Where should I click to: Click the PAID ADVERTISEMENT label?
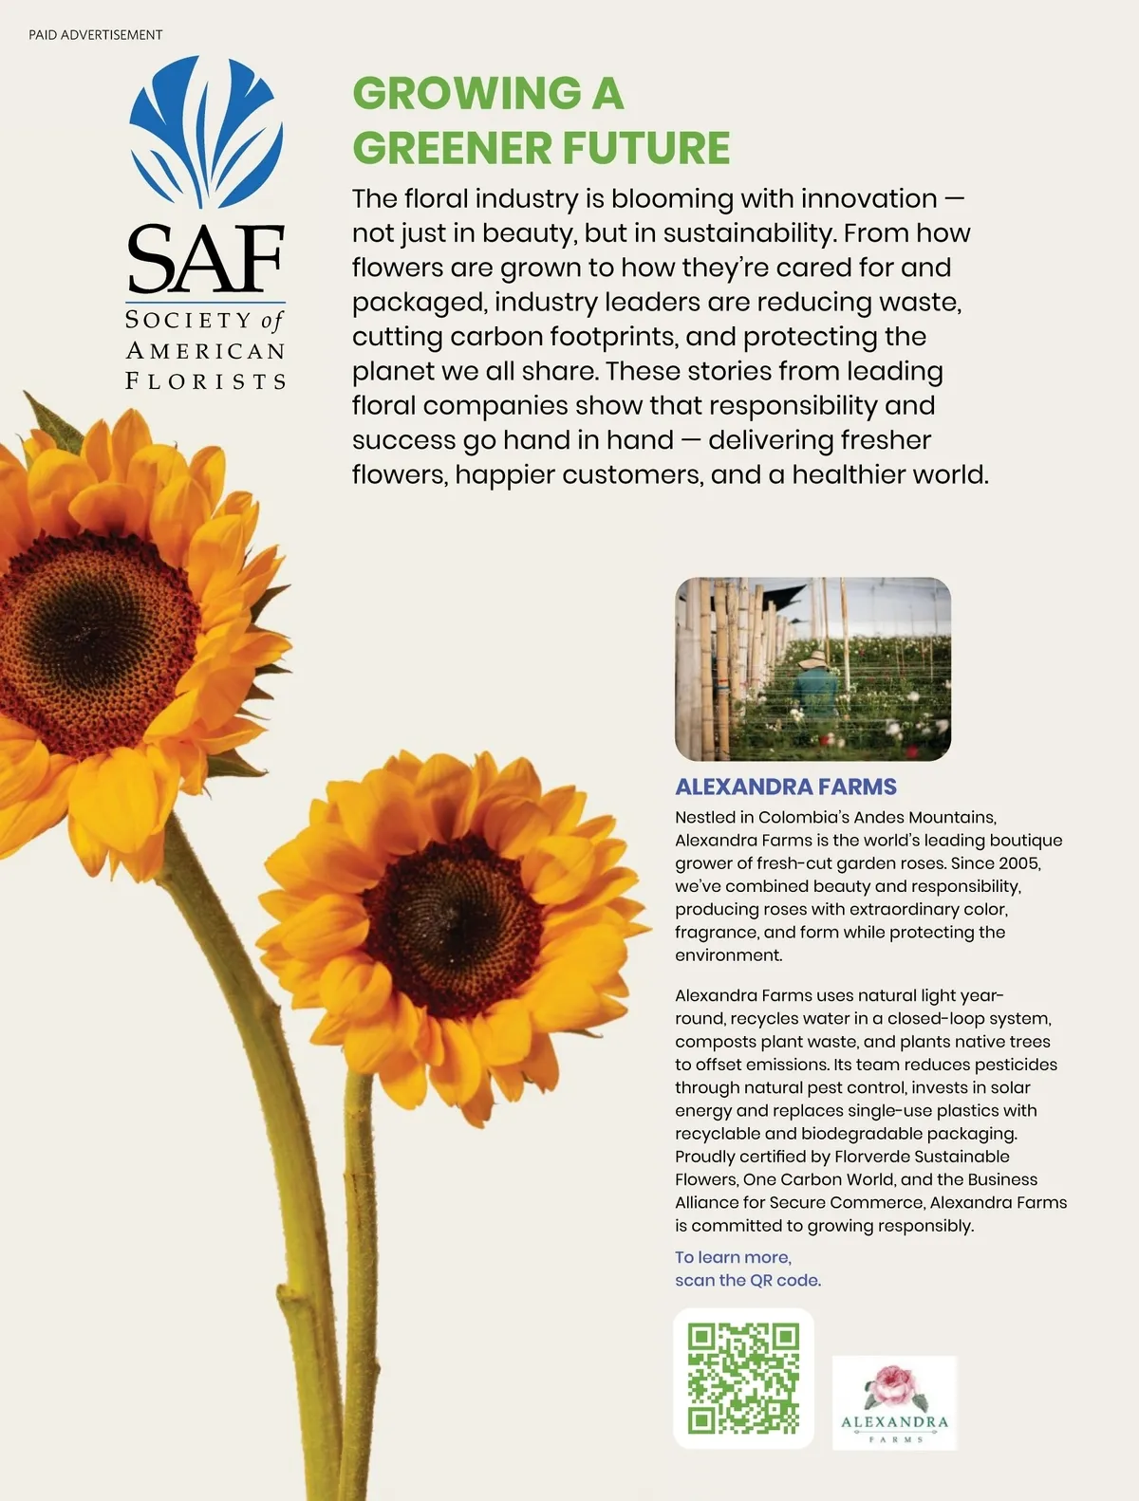[x=95, y=35]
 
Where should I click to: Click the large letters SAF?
[x=206, y=259]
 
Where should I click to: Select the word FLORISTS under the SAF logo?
[x=206, y=381]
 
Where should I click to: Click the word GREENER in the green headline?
[x=452, y=148]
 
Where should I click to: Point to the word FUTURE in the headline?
[x=646, y=148]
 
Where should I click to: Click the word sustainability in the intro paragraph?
[x=745, y=233]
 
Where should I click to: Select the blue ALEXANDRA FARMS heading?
[x=785, y=787]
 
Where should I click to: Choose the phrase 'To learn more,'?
[x=733, y=1257]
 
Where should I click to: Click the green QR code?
[x=743, y=1378]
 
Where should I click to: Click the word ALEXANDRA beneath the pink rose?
[x=894, y=1421]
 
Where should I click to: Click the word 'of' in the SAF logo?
[x=271, y=321]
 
